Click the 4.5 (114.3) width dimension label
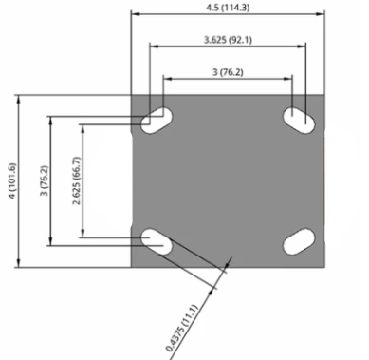(228, 8)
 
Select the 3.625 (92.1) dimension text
(228, 40)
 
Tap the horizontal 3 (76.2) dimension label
(228, 72)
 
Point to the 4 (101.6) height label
(12, 180)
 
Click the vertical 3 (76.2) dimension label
(45, 180)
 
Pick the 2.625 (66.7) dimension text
(77, 180)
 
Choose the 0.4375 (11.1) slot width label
(182, 329)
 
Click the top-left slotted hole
(157, 121)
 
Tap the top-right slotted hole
(299, 121)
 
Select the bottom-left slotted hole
(157, 241)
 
